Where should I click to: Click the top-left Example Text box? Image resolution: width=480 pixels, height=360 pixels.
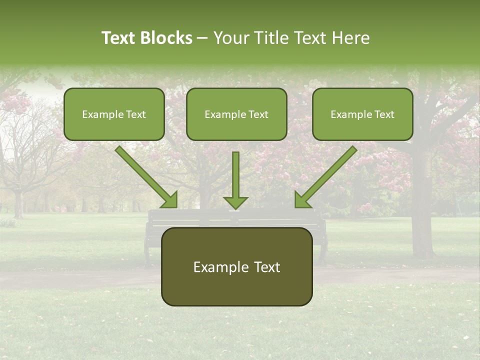pos(114,114)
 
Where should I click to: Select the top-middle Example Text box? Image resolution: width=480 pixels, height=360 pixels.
pos(236,114)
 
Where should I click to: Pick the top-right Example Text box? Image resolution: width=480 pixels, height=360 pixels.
pos(362,114)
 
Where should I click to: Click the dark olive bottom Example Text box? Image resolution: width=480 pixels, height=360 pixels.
pos(236,266)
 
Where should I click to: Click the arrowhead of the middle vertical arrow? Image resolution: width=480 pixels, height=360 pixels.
pos(235,202)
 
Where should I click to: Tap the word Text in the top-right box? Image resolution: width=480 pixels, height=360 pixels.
pos(384,114)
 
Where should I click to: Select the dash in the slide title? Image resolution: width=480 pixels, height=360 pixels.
pos(202,38)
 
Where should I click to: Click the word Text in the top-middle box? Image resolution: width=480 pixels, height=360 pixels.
pos(258,114)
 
